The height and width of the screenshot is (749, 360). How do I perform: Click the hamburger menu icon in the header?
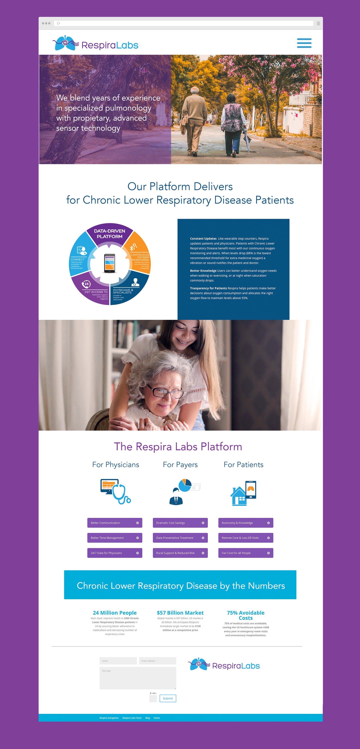click(304, 43)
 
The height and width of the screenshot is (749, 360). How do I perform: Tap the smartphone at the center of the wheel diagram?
click(110, 263)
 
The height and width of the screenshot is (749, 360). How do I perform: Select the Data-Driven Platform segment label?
click(110, 234)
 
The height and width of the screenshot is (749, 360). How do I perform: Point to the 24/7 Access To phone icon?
click(86, 284)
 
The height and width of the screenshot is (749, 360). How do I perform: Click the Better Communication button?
click(115, 523)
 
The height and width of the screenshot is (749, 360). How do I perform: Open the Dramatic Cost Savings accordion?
click(180, 523)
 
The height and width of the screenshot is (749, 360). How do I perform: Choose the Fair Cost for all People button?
click(245, 553)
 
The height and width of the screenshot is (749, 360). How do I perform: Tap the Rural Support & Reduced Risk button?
click(180, 553)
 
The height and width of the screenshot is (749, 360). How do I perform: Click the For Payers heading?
click(180, 465)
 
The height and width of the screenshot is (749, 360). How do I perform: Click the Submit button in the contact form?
click(168, 698)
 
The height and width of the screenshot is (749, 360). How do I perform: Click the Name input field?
click(118, 661)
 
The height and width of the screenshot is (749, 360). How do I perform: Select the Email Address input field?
click(157, 661)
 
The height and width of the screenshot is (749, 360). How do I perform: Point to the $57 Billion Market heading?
click(180, 613)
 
